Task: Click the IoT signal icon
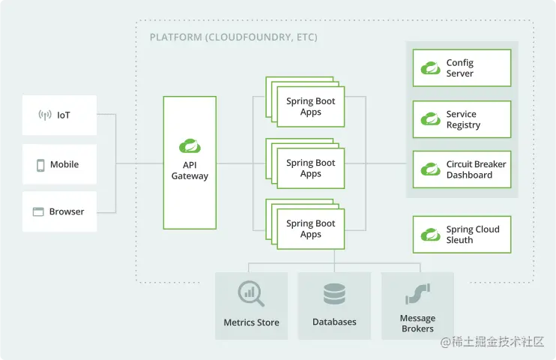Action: pos(45,115)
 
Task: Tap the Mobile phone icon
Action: pos(40,165)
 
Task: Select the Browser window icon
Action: pos(38,212)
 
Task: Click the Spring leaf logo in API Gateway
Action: pos(189,145)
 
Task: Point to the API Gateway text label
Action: pos(190,170)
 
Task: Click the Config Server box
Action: pos(462,68)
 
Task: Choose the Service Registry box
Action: pos(462,119)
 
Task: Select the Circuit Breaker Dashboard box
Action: pos(462,169)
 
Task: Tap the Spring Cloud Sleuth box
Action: pos(462,235)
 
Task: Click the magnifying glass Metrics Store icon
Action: pos(251,293)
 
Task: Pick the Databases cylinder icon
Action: pos(334,293)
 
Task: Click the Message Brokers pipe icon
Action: pos(417,292)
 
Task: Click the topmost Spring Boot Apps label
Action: pos(310,106)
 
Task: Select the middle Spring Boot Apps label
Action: pos(310,168)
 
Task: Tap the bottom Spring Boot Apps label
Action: pos(310,229)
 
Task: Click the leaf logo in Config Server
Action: pos(430,68)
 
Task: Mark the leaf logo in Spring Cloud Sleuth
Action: pos(430,235)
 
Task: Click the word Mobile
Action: pos(64,165)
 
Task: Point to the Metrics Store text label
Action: pos(251,322)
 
